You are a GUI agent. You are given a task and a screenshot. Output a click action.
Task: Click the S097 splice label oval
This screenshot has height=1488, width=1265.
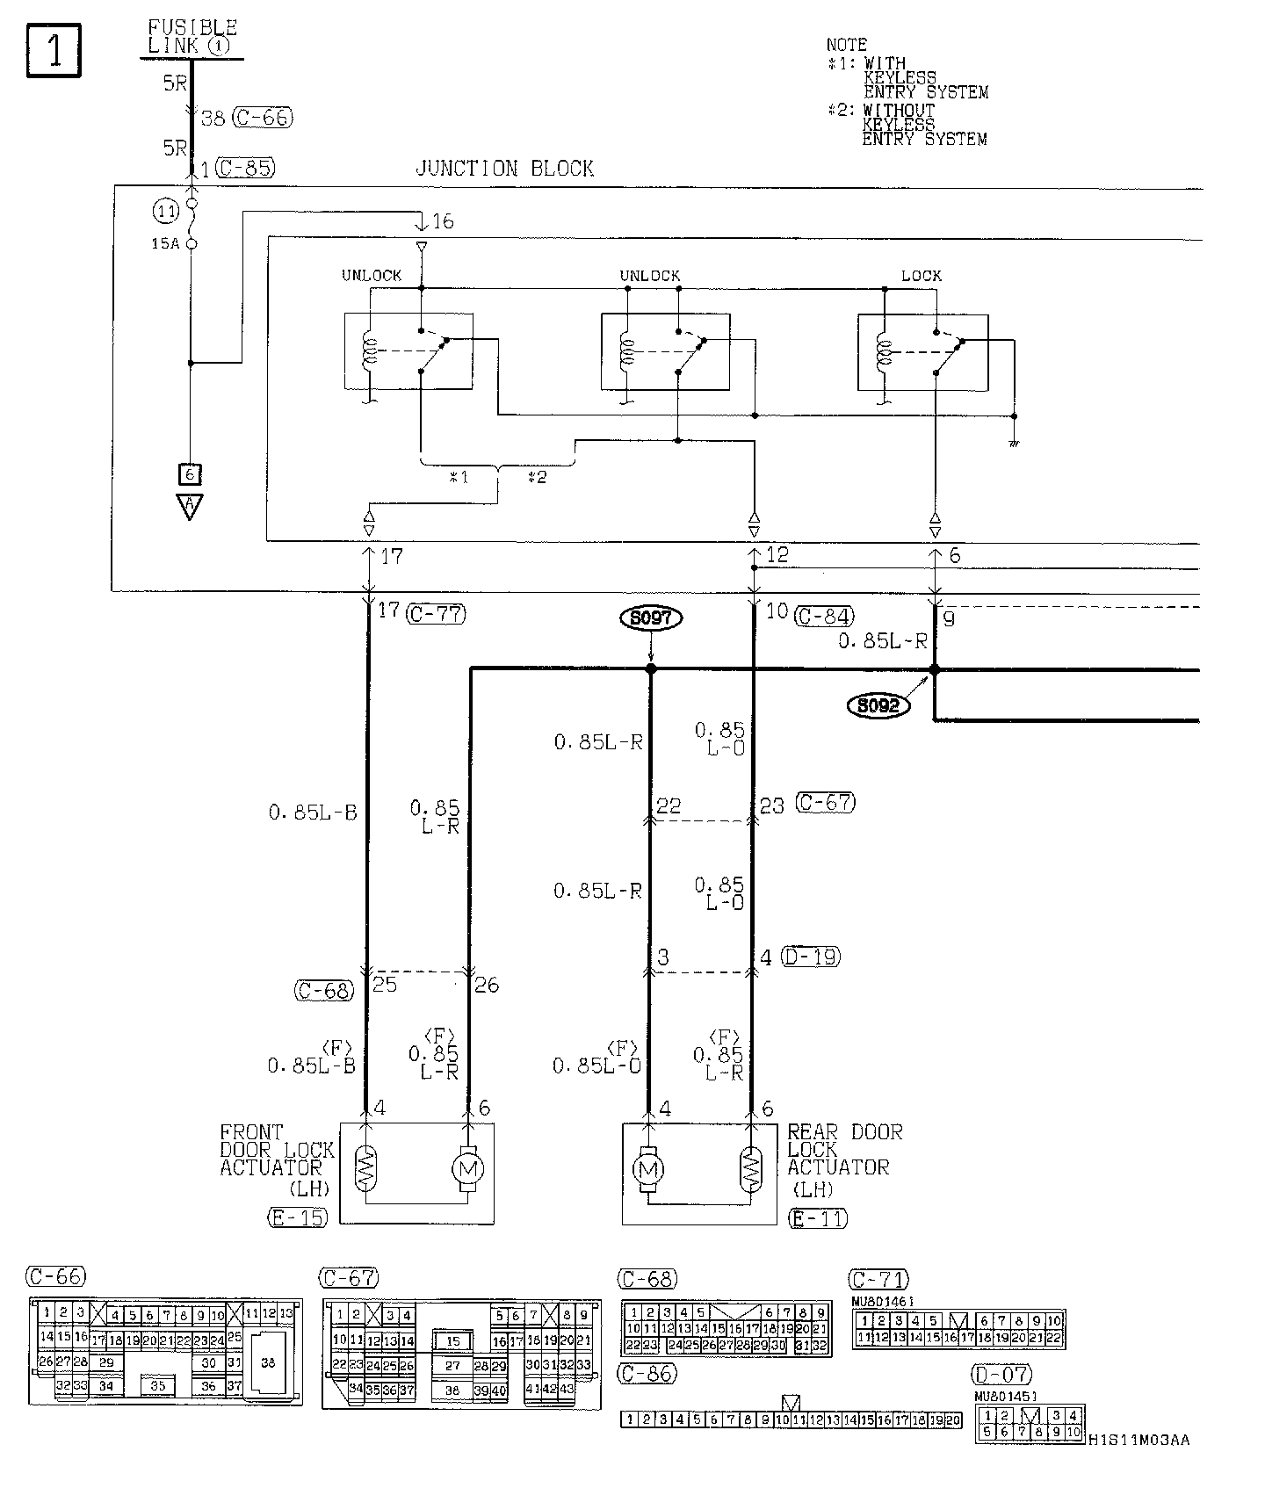[x=651, y=618]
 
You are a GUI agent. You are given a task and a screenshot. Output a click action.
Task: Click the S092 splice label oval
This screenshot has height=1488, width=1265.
[x=878, y=705]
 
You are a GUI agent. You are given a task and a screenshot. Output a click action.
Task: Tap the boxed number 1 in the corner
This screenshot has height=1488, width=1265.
[x=54, y=51]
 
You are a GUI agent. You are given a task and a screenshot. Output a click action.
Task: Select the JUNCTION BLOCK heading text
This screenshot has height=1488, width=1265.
[x=504, y=169]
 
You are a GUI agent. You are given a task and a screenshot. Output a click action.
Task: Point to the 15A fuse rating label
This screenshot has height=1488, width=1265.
[x=164, y=243]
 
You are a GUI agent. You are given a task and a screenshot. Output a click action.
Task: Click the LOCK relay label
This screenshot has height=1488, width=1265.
[x=921, y=276]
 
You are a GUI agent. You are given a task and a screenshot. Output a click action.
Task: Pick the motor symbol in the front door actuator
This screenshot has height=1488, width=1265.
[x=467, y=1169]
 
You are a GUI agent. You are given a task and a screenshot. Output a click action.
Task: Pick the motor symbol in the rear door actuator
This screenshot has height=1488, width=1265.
[x=649, y=1169]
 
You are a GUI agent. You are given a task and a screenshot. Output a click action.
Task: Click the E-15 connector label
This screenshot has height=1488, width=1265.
[x=297, y=1217]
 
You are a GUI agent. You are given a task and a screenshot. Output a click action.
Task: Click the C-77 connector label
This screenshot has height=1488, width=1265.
[x=436, y=614]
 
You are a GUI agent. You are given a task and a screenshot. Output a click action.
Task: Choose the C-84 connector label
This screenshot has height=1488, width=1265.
[x=824, y=616]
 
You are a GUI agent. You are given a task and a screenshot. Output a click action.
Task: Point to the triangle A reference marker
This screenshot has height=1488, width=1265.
[x=189, y=507]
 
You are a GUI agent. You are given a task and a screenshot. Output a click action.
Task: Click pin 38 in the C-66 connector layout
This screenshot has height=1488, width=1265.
[x=268, y=1363]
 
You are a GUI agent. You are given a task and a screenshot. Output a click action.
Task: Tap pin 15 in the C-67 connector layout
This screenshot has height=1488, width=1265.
[x=452, y=1341]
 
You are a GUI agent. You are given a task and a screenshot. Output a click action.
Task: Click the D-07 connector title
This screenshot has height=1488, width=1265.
[x=1001, y=1375]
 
